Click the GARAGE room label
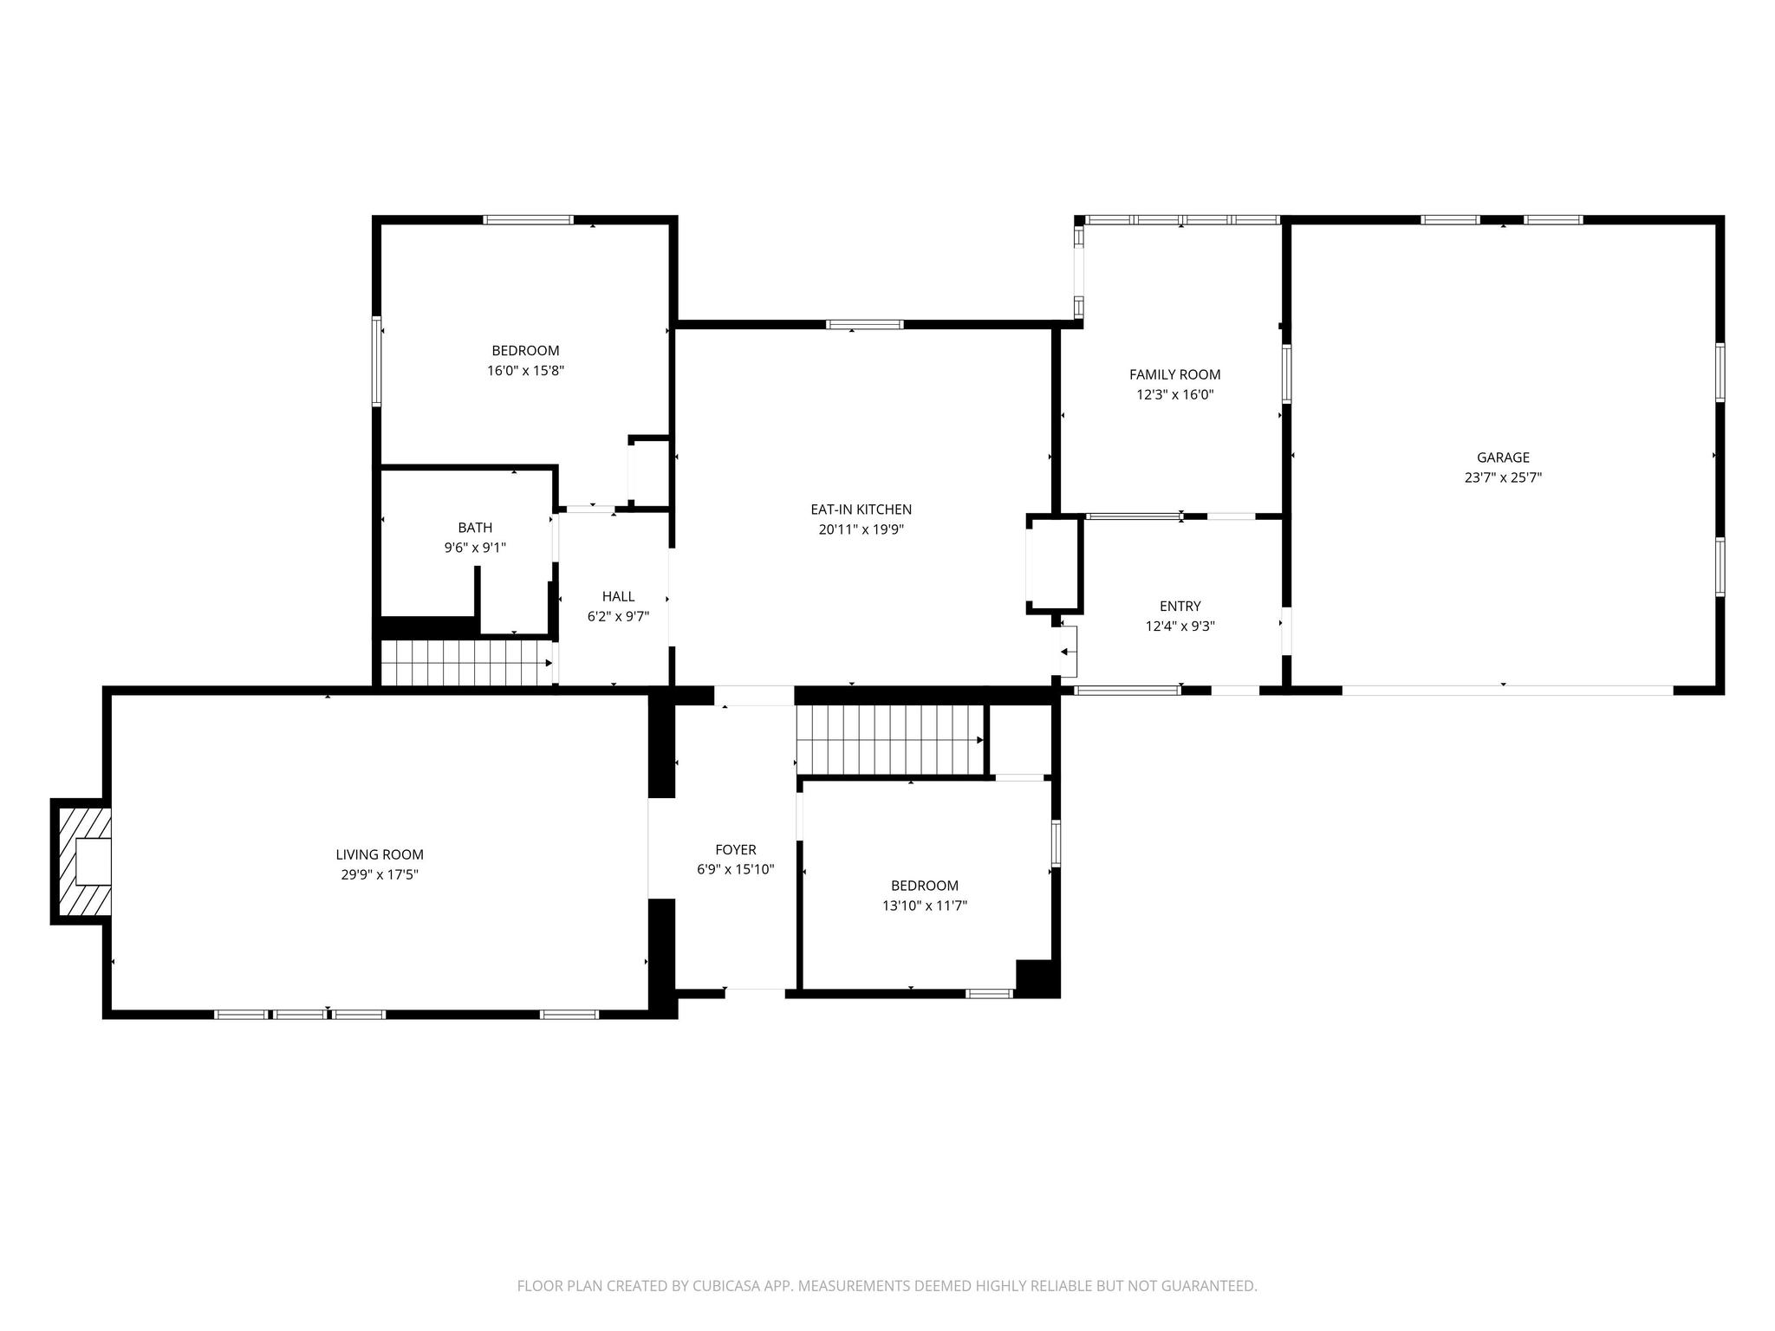click(1503, 458)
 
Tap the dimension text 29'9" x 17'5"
click(380, 875)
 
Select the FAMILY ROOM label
click(1174, 374)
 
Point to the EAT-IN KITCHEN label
click(861, 510)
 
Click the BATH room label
click(475, 528)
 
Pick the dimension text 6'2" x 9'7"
click(618, 617)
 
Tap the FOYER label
click(735, 850)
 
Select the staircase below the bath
click(466, 663)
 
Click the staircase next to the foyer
click(890, 739)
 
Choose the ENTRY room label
click(1180, 607)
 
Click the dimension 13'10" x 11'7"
click(924, 906)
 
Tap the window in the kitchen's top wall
click(864, 325)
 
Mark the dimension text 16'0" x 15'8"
click(525, 371)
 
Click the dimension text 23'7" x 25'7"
click(1503, 477)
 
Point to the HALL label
click(618, 596)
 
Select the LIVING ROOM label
click(380, 854)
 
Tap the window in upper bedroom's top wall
click(528, 220)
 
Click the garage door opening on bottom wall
click(1506, 691)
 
